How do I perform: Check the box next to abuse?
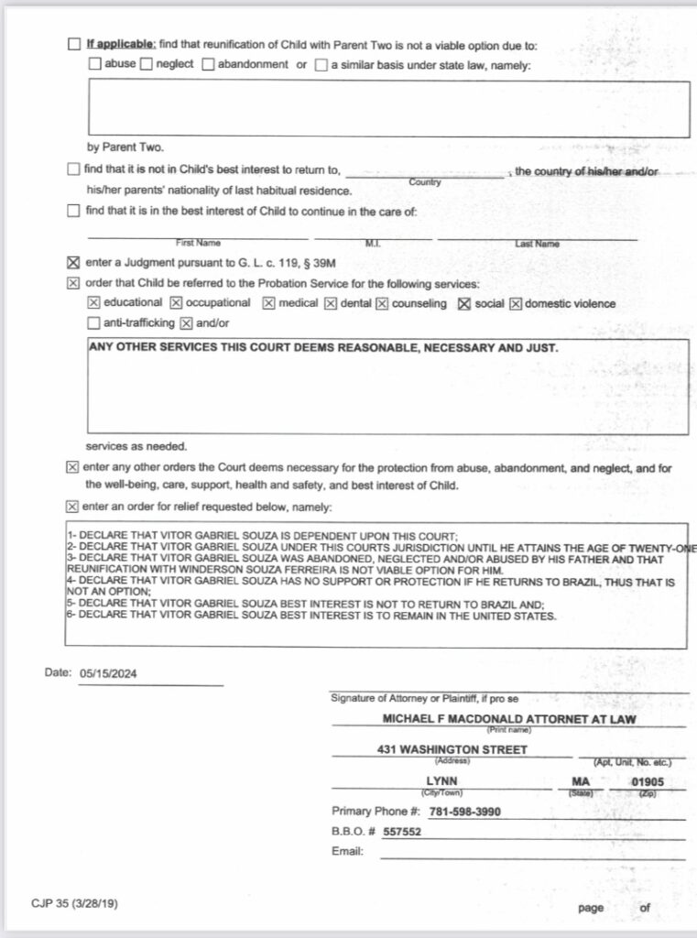pos(94,65)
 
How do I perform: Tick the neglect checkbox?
pos(146,65)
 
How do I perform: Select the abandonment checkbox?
pos(208,65)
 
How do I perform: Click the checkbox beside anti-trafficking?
pos(93,323)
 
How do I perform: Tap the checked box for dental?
pos(331,303)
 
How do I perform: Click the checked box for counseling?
pos(382,303)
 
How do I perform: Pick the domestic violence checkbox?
pos(516,303)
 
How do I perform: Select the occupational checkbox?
pos(176,303)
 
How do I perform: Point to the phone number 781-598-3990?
pos(464,812)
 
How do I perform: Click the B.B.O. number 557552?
pos(402,832)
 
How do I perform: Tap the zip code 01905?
pos(648,782)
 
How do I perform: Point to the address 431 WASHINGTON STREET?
pos(452,749)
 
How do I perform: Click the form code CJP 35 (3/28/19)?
pos(74,904)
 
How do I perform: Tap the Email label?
pos(347,852)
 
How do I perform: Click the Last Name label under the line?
pos(537,244)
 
